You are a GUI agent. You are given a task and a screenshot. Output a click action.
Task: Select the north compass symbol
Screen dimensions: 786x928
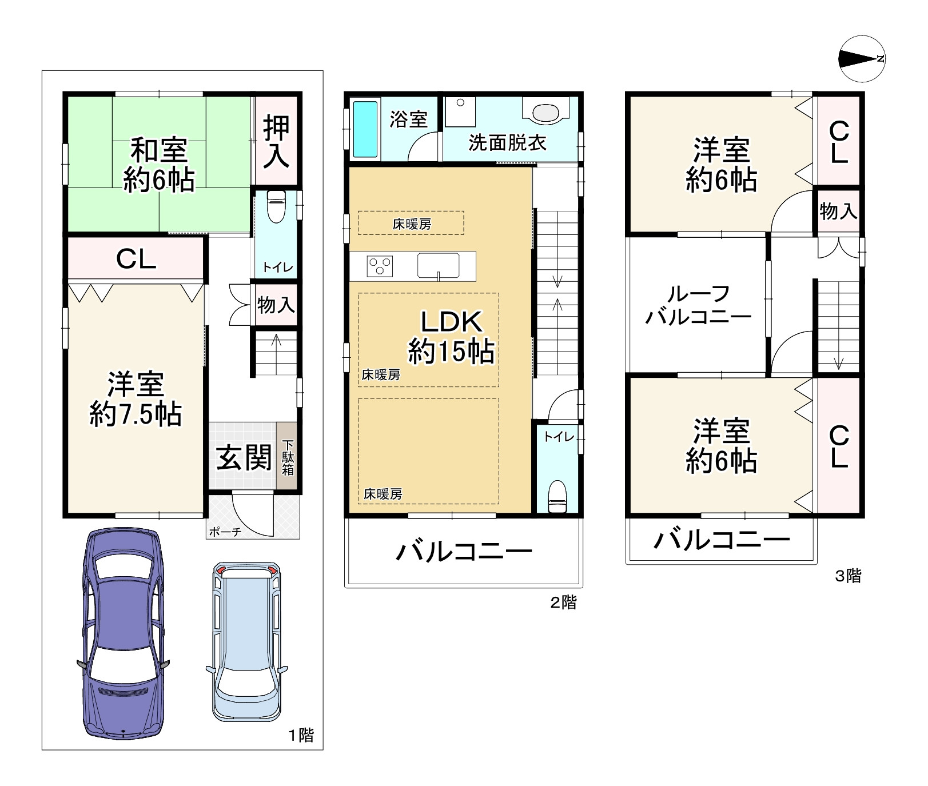[x=862, y=58]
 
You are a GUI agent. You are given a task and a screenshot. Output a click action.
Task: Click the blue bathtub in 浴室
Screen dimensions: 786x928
[x=364, y=129]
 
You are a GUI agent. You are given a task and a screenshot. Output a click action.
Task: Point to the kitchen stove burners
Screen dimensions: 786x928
[x=380, y=266]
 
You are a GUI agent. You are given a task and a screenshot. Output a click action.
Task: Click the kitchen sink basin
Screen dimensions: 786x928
[x=438, y=266]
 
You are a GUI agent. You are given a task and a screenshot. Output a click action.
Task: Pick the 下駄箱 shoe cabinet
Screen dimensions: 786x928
[x=288, y=457]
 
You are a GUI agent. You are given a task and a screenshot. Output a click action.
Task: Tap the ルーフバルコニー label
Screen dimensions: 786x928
[x=698, y=305]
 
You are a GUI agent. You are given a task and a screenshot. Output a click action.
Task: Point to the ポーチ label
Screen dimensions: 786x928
[x=225, y=532]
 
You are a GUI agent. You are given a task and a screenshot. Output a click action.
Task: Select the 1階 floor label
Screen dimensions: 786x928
[x=301, y=735]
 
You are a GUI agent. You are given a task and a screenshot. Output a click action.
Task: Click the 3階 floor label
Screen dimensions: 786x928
[x=848, y=576]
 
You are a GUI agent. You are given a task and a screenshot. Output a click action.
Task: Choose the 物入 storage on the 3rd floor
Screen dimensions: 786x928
[x=838, y=212]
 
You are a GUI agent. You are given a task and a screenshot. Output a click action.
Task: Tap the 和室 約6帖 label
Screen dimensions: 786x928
[x=159, y=165]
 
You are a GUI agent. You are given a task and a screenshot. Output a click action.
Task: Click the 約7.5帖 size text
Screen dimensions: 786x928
[x=136, y=414]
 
